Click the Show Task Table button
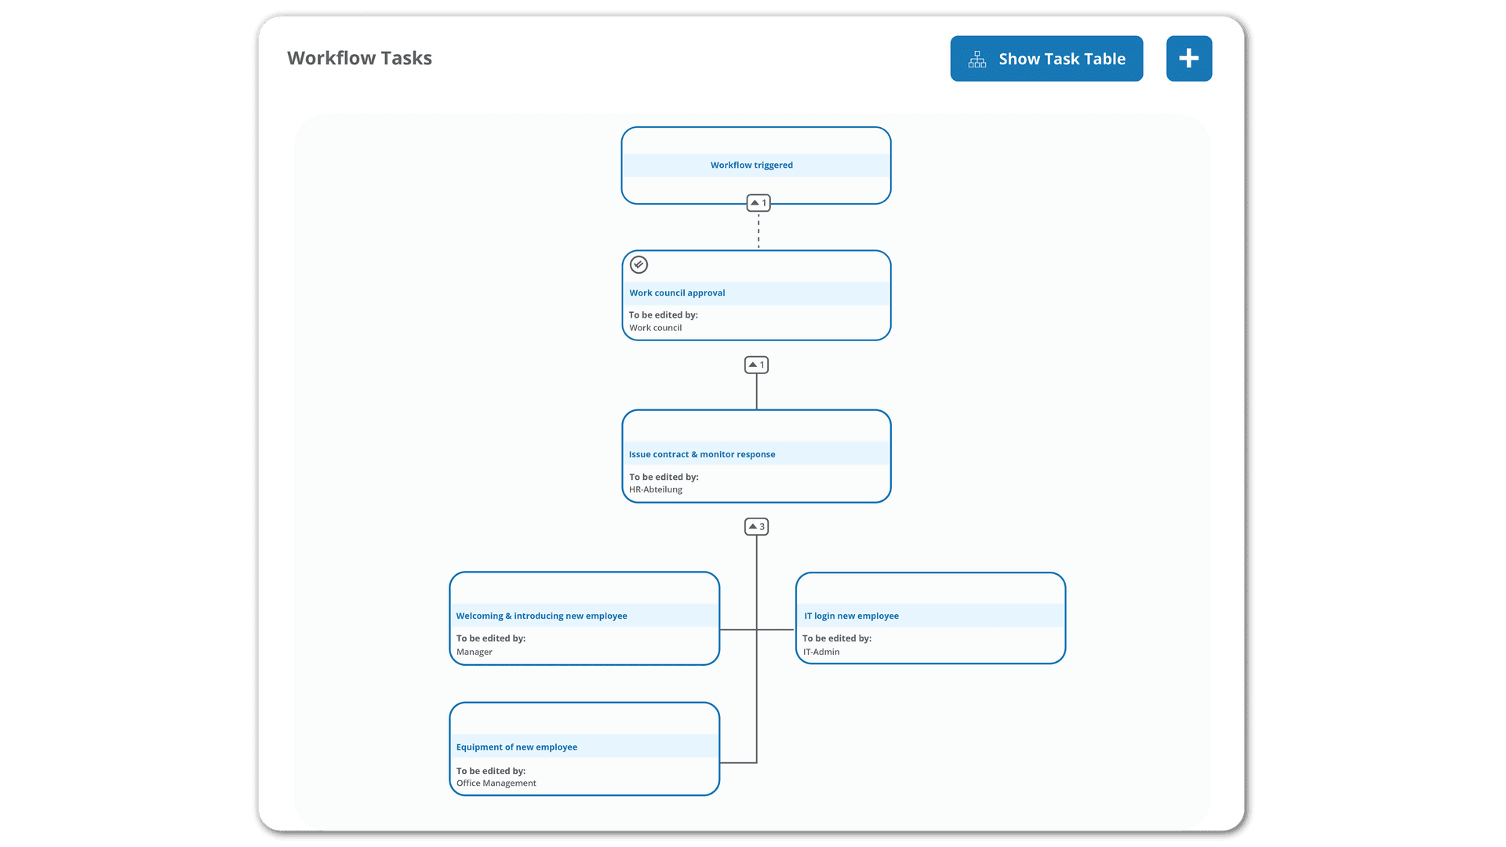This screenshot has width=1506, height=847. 1046,59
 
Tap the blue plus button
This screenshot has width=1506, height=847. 1189,59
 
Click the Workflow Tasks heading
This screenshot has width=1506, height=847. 359,58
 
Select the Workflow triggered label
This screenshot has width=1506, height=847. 751,165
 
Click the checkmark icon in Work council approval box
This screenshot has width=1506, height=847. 639,265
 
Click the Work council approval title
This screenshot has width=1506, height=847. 677,293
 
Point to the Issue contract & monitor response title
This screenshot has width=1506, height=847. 702,455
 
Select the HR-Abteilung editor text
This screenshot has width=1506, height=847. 656,489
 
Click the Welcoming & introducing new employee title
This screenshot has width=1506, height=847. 542,616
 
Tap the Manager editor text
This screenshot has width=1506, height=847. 475,652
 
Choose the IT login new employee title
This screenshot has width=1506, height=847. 851,616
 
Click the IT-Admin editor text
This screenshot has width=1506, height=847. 821,652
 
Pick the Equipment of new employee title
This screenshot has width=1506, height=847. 517,747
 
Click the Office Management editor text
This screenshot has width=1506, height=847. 497,783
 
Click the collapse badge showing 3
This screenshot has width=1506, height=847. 757,527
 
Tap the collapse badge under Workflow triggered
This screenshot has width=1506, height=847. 758,203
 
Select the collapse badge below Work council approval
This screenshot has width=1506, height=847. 757,365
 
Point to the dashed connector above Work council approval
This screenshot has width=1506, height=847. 758,231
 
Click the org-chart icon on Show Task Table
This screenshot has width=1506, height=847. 977,60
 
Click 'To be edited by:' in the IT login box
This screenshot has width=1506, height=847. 837,638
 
